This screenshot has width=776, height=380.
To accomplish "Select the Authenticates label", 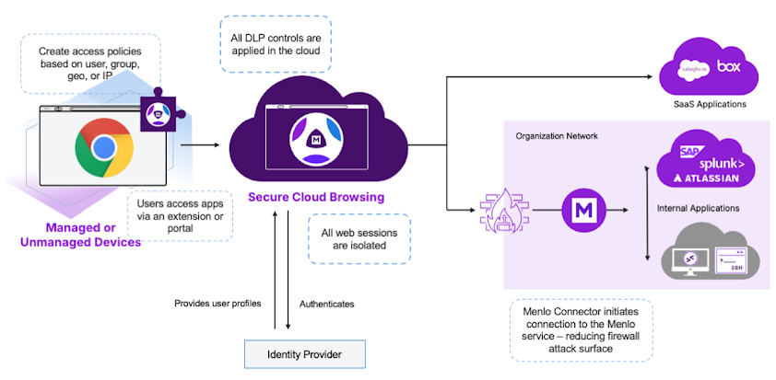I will click(x=326, y=303).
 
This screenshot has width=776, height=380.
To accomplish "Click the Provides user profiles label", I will click(x=218, y=303).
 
